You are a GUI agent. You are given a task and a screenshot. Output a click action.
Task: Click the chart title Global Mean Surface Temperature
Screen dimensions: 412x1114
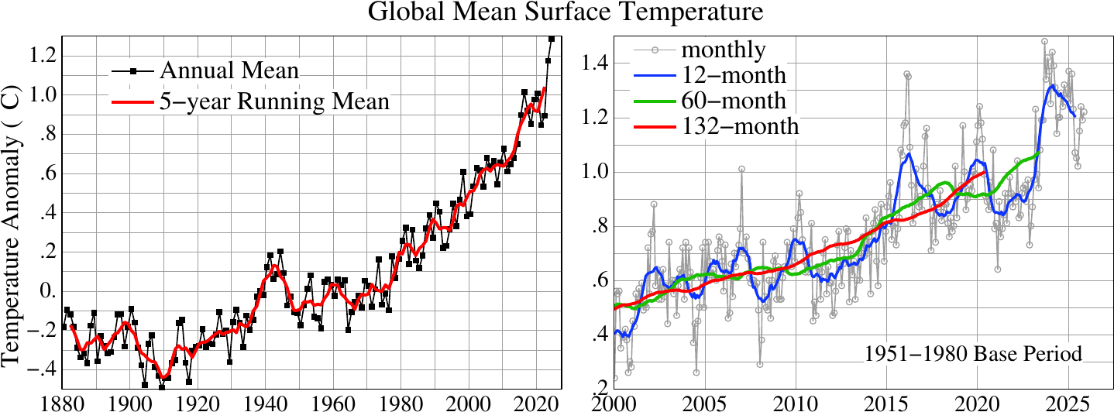click(x=555, y=13)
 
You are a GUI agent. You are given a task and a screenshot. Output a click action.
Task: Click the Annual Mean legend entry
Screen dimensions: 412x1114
click(x=229, y=71)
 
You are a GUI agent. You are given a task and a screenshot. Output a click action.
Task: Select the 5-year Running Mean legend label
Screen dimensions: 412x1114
click(x=274, y=101)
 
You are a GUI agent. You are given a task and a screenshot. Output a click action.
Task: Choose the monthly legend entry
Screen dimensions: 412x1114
click(x=723, y=50)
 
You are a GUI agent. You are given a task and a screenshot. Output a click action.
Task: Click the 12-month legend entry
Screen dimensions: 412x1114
click(x=733, y=75)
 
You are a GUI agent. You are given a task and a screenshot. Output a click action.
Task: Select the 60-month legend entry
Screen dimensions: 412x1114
click(x=733, y=101)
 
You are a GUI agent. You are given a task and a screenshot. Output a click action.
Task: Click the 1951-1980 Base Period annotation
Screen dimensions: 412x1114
click(x=972, y=355)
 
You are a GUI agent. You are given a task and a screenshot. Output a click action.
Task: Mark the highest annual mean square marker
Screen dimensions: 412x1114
click(x=552, y=38)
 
